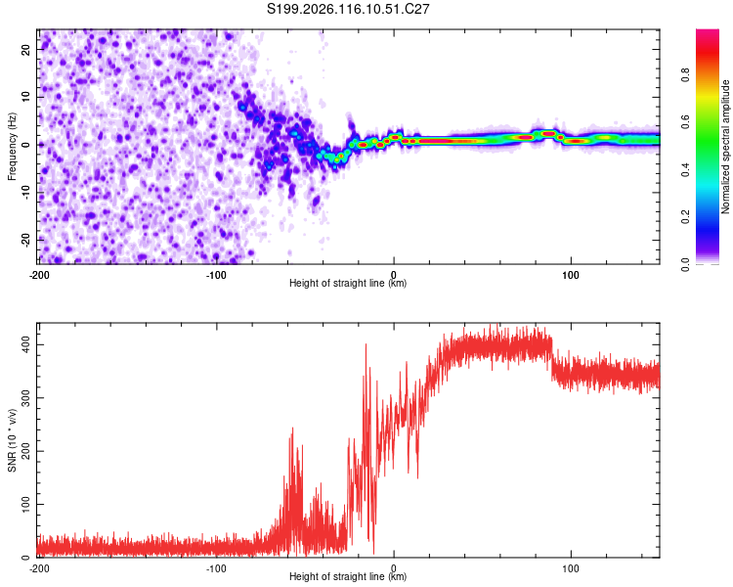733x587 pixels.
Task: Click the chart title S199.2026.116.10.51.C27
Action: coord(348,9)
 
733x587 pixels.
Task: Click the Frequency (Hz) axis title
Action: coord(12,147)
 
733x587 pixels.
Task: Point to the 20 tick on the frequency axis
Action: coord(25,50)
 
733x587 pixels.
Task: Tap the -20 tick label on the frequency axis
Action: coord(25,241)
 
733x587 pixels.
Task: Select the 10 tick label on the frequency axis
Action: coord(25,97)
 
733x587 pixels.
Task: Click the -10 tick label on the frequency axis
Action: coord(25,193)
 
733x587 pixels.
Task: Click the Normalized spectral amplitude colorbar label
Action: coord(725,147)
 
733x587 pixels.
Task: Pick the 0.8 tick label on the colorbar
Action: coord(685,74)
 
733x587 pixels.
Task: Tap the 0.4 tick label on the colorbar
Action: coord(685,169)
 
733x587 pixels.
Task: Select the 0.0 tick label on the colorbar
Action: coord(685,264)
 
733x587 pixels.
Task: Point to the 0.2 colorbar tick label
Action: coord(685,217)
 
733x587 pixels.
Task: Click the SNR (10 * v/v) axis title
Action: coord(12,440)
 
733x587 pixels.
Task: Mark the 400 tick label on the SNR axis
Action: coord(25,345)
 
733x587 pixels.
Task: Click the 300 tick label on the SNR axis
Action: coord(25,398)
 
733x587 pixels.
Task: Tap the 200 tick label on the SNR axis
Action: coord(25,451)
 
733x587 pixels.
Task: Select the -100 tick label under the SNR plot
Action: coord(216,568)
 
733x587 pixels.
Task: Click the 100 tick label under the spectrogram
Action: coord(571,275)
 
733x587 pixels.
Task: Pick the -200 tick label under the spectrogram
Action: coord(39,275)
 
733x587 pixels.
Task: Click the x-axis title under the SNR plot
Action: coord(348,576)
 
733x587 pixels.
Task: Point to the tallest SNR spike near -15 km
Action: coord(366,345)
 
